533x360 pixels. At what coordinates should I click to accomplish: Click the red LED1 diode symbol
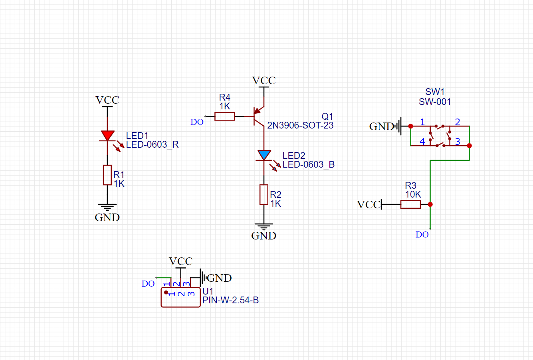107,136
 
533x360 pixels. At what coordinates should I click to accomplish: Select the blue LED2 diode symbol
264,155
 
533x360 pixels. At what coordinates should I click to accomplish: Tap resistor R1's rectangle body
107,175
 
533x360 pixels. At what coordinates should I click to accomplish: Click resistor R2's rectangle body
264,195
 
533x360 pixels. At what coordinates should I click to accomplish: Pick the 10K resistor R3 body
410,204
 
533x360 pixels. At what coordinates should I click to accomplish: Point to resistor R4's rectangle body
225,117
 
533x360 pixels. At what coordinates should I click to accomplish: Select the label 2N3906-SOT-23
300,125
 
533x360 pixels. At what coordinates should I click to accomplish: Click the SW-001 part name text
435,102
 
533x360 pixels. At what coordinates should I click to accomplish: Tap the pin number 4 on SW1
422,142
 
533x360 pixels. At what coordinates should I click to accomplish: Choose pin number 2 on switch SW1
458,122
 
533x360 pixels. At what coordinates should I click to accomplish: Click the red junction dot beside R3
430,204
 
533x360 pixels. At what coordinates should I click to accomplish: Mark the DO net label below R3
422,235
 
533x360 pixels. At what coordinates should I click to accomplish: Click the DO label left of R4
197,122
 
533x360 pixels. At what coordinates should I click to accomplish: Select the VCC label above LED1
107,100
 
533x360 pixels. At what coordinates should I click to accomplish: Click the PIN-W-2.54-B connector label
230,300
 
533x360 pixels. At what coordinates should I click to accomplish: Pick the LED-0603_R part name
152,144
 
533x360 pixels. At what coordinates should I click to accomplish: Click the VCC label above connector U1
181,261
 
